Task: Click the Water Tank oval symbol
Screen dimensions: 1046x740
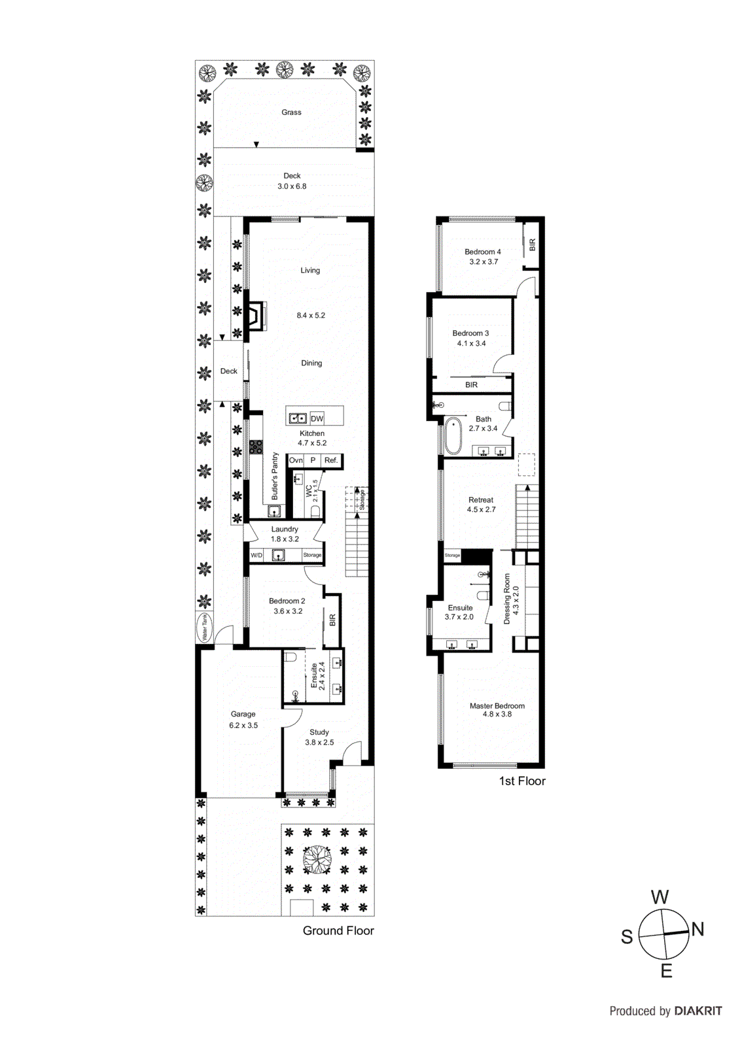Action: (205, 627)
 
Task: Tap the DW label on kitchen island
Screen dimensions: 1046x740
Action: (317, 418)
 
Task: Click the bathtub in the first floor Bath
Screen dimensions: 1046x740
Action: (453, 436)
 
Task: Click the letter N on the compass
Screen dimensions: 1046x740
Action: (697, 929)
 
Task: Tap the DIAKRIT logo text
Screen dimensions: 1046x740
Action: (698, 1011)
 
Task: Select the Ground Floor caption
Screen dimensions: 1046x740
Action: (338, 930)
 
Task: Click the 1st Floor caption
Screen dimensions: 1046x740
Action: (521, 781)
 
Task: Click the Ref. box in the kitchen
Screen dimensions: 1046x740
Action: (331, 460)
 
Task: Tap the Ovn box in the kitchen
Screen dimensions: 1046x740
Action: (296, 460)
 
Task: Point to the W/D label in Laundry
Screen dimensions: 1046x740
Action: (256, 555)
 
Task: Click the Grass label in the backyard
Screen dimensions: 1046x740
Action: (291, 112)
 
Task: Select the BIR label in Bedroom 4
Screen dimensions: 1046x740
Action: (532, 245)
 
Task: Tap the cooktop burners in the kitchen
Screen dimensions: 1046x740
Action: (256, 448)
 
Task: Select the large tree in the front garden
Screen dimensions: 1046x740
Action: (317, 859)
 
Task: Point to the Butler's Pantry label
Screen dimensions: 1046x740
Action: (275, 475)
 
